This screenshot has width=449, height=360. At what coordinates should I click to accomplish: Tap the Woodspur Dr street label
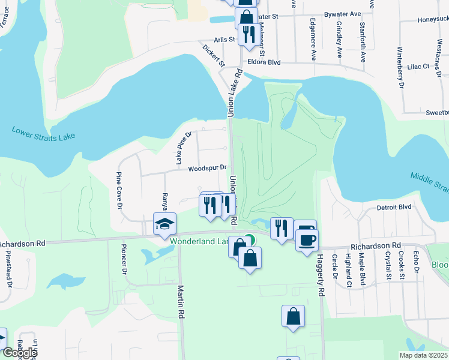click(207, 169)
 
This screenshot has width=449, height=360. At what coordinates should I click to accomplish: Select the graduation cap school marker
click(164, 224)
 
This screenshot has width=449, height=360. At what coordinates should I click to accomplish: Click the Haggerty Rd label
click(321, 275)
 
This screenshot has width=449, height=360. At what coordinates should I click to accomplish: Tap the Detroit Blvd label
click(394, 207)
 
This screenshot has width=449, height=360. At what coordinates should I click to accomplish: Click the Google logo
click(19, 353)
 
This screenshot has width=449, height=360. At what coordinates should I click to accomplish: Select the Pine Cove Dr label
click(119, 191)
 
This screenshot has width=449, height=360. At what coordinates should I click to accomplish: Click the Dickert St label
click(212, 55)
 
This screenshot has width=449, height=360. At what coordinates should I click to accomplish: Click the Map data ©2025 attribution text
click(423, 355)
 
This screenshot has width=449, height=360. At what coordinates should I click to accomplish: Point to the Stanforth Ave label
click(363, 43)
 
